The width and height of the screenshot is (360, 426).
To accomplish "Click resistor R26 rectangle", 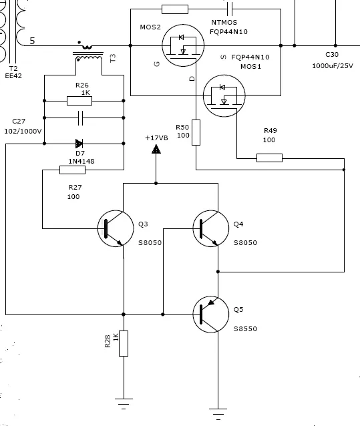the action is (79, 101).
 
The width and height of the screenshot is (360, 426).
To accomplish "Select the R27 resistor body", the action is (72, 170).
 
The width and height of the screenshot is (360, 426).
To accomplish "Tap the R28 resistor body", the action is (124, 343).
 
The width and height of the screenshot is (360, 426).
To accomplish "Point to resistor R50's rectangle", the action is (196, 132).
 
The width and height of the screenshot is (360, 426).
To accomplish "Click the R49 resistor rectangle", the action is (270, 158).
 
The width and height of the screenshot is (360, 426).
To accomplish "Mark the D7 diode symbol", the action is (79, 144).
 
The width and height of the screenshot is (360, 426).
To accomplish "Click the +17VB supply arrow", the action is (156, 149).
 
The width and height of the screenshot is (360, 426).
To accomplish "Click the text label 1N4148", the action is (81, 162).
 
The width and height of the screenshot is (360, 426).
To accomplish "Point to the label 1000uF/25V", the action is (333, 65).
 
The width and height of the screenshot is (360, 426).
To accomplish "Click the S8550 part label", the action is (245, 329).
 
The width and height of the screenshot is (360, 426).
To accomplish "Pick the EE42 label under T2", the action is (13, 76).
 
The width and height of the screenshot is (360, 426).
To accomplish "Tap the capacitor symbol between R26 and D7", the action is (80, 118).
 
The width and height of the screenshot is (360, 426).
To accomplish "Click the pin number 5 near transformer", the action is (32, 41).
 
